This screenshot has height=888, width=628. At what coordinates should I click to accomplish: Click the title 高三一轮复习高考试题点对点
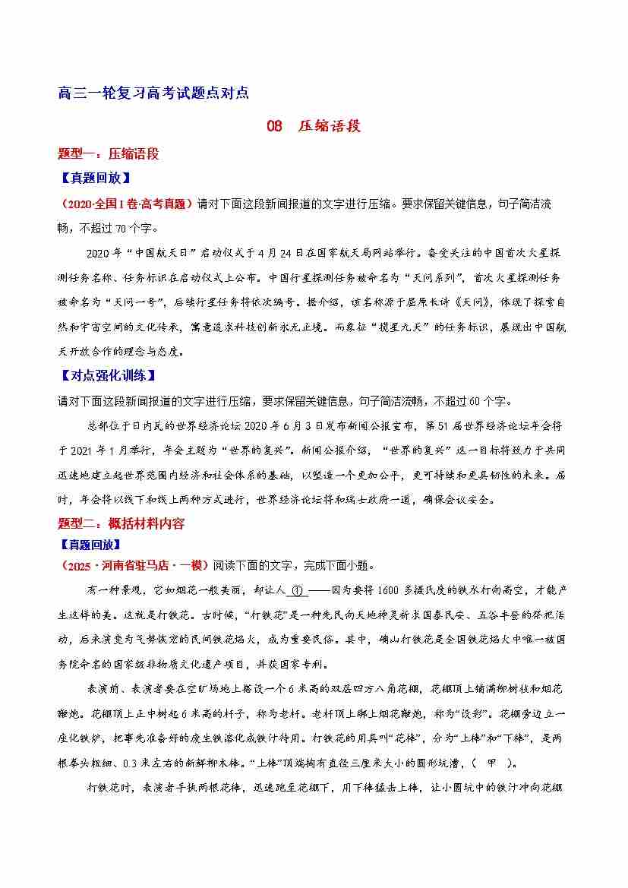(x=153, y=93)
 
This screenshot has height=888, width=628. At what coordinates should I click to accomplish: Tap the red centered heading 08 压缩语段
(x=314, y=126)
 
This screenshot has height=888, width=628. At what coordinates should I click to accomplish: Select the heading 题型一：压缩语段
(x=109, y=153)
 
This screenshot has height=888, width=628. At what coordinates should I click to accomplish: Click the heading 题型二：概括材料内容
(x=121, y=523)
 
